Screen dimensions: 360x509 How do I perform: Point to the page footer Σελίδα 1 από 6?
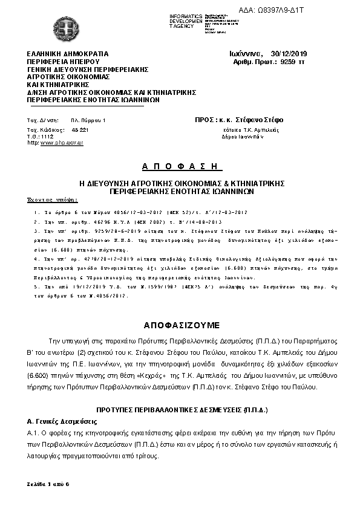click(x=48, y=485)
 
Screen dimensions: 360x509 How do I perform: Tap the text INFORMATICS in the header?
click(x=186, y=15)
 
